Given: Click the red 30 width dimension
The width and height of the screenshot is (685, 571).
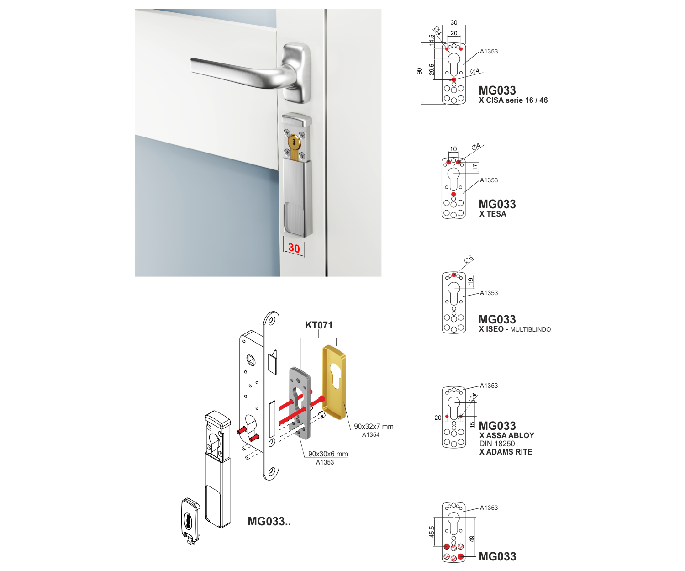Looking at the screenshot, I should (294, 248).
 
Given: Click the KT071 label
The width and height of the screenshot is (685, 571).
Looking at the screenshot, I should (319, 325).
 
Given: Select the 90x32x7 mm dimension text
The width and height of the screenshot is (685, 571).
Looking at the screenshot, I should (374, 427).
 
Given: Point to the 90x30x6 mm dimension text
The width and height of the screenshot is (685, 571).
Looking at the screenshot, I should (328, 454).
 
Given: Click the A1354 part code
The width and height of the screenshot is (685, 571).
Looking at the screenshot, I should (371, 435).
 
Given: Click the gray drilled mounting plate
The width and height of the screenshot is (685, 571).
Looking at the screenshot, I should (300, 402).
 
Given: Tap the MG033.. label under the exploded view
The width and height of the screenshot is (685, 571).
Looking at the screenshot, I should (269, 521).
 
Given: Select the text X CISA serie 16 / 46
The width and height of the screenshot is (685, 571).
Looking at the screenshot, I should (513, 100).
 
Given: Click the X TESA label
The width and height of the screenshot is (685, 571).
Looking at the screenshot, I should (493, 214).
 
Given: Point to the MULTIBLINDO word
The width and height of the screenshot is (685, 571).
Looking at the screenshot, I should (530, 329).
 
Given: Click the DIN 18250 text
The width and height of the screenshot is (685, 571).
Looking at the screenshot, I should (497, 444).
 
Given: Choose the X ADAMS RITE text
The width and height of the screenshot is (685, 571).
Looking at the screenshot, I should (506, 452).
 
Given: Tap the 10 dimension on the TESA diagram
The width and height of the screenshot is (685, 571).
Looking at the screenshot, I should (453, 149).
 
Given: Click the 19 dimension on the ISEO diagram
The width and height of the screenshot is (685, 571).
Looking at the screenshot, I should (471, 281).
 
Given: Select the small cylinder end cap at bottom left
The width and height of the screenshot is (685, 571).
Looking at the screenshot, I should (190, 521).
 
